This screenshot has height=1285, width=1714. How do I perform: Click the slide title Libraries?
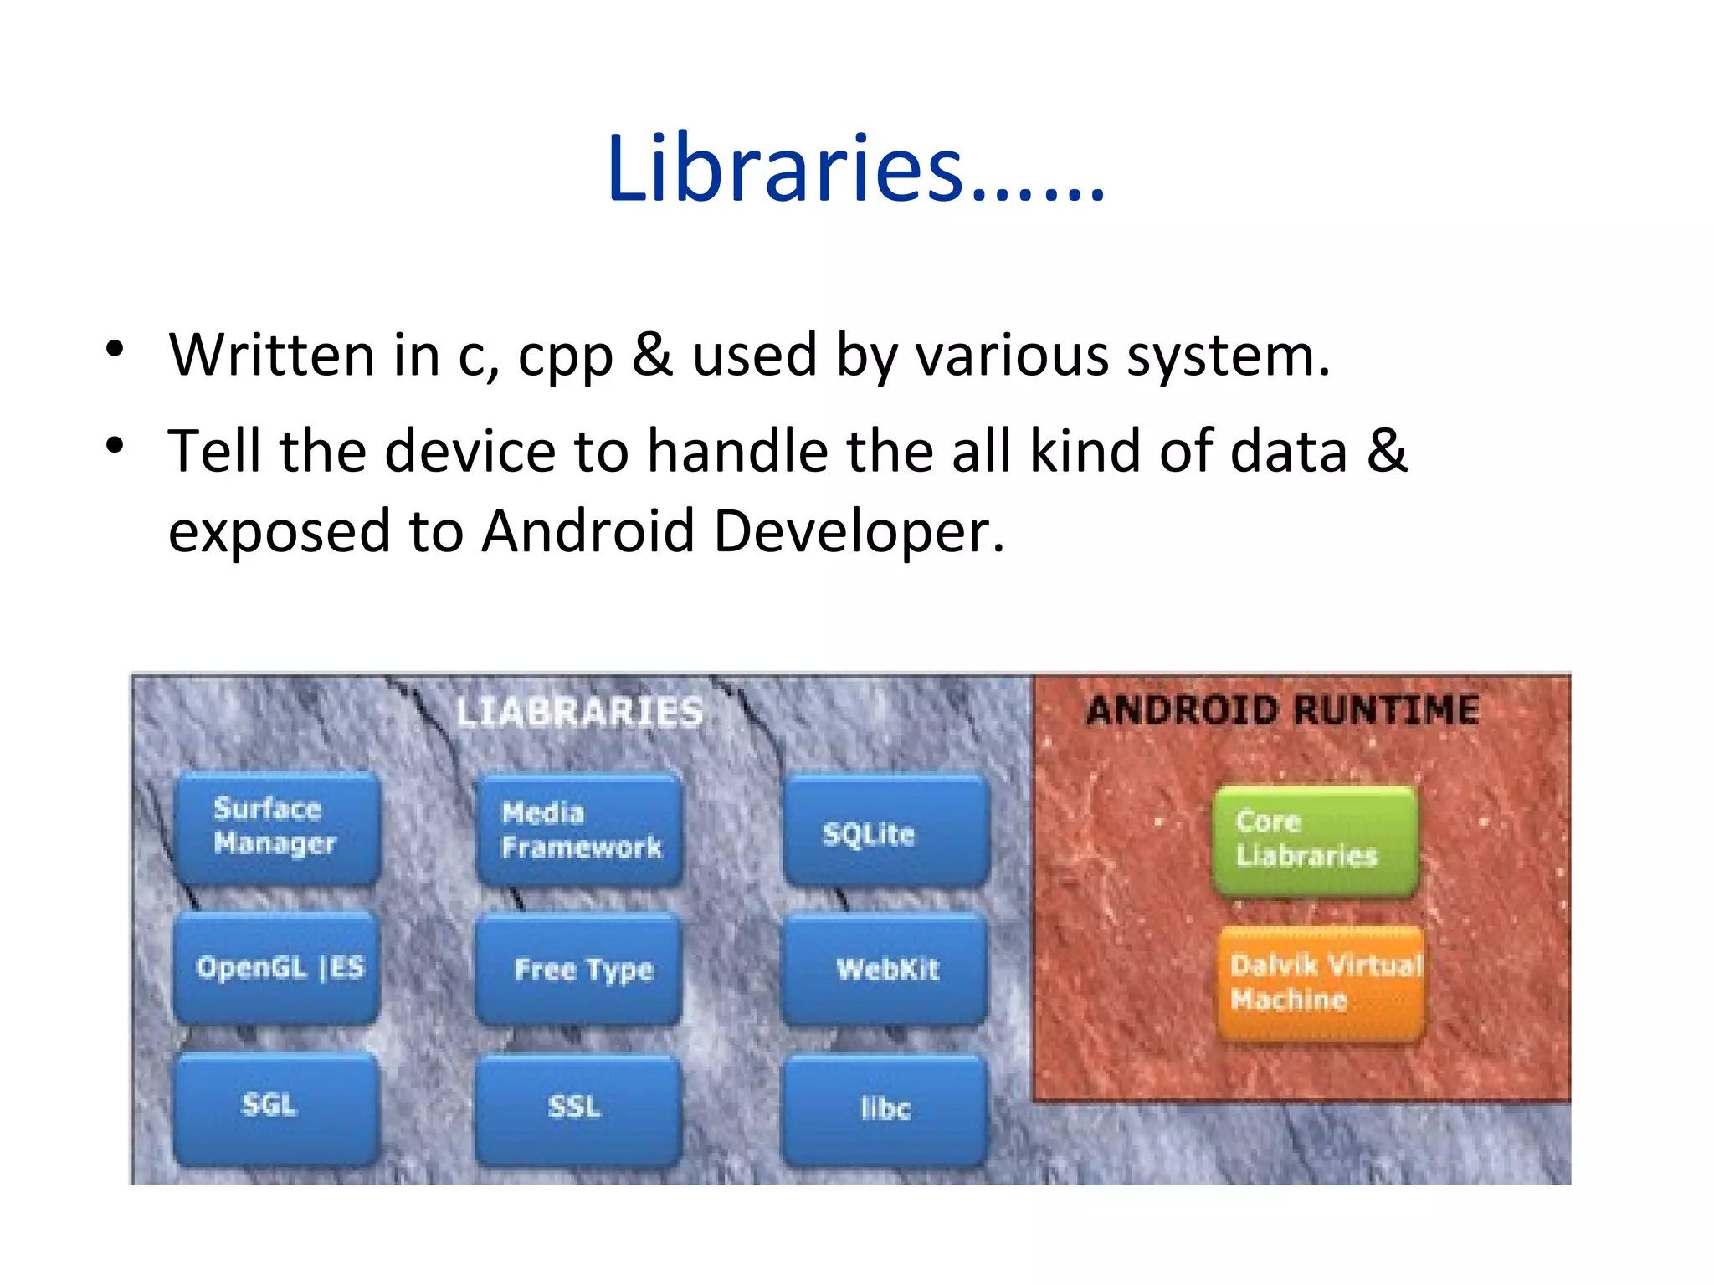click(855, 170)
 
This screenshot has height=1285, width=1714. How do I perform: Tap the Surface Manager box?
click(277, 827)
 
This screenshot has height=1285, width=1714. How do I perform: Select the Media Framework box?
click(579, 830)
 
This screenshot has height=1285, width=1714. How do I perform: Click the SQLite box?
click(885, 831)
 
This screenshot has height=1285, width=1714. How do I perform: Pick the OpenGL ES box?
click(277, 968)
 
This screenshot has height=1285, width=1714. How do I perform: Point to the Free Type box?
click(579, 970)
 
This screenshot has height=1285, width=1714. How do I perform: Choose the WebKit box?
click(885, 970)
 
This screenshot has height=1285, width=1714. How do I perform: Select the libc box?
click(885, 1110)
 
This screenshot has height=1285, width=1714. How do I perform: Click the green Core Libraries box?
click(1315, 840)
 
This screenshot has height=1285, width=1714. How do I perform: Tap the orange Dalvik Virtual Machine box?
click(1321, 982)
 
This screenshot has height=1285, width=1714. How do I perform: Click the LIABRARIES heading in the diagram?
click(579, 713)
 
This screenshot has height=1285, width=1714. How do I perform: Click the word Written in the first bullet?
click(272, 355)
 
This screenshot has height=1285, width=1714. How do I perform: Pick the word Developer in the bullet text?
click(858, 532)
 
